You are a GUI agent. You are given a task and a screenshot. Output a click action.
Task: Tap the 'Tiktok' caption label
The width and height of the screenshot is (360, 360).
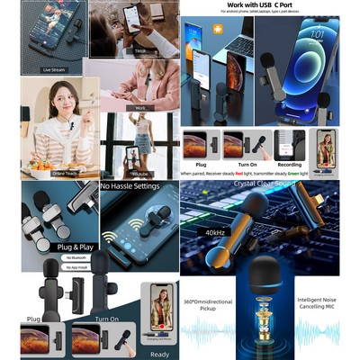point(140,52)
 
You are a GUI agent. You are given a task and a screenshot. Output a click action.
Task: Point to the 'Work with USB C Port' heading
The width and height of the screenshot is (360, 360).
point(270,6)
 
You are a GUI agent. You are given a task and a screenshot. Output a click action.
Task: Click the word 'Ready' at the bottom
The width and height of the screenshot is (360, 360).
point(160,355)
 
